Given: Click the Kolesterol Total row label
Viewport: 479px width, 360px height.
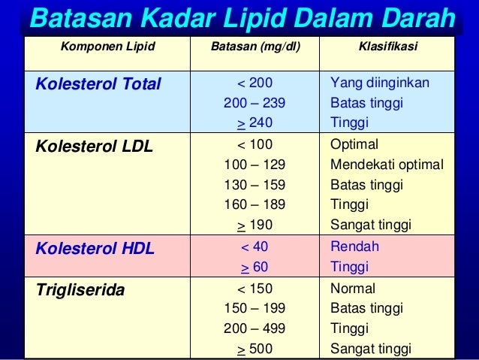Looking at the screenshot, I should coord(98,83).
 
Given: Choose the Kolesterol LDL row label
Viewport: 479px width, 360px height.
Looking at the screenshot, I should coord(94,145).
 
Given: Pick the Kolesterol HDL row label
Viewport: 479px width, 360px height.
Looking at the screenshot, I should coord(95,247).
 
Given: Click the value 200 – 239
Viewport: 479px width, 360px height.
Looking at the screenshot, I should coord(255,103).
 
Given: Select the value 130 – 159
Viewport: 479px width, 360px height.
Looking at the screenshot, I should coord(255,185).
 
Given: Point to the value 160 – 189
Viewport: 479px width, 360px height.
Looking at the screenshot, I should coord(255,204).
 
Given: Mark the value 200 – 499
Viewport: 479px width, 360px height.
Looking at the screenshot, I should coord(255,328).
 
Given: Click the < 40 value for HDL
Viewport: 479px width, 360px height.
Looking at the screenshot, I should coord(255,247).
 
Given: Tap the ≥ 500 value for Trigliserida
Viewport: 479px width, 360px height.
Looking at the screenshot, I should coord(255,349).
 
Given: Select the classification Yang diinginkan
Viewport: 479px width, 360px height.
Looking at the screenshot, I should coord(380,83).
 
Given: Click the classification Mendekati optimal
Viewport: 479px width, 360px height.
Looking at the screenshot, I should coord(387,165).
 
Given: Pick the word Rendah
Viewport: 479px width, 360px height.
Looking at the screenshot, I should coord(354,247).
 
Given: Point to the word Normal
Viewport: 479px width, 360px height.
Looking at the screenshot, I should coord(353,288).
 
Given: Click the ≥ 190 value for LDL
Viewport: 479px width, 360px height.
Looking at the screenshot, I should coord(255,225).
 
